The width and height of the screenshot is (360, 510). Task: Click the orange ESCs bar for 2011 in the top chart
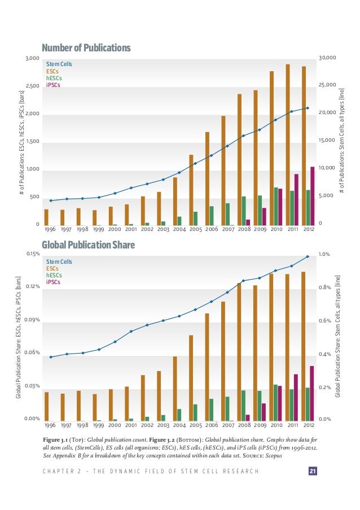[x=288, y=145]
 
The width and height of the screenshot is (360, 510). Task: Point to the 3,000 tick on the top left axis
[x=32, y=58]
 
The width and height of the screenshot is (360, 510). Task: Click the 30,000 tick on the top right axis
[x=327, y=58]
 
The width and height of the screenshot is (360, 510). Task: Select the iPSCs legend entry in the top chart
[x=53, y=85]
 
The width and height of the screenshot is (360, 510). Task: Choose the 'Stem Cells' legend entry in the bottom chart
[x=59, y=261]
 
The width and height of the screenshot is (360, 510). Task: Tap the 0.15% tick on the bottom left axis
[x=33, y=254]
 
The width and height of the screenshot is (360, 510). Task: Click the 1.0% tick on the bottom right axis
[x=324, y=254]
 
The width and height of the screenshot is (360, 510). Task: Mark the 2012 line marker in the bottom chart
[x=308, y=256]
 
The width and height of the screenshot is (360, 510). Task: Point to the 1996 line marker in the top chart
[x=51, y=200]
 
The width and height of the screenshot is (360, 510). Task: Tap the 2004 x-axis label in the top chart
[x=179, y=229]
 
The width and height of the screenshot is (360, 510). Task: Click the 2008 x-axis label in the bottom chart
[x=244, y=425]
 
